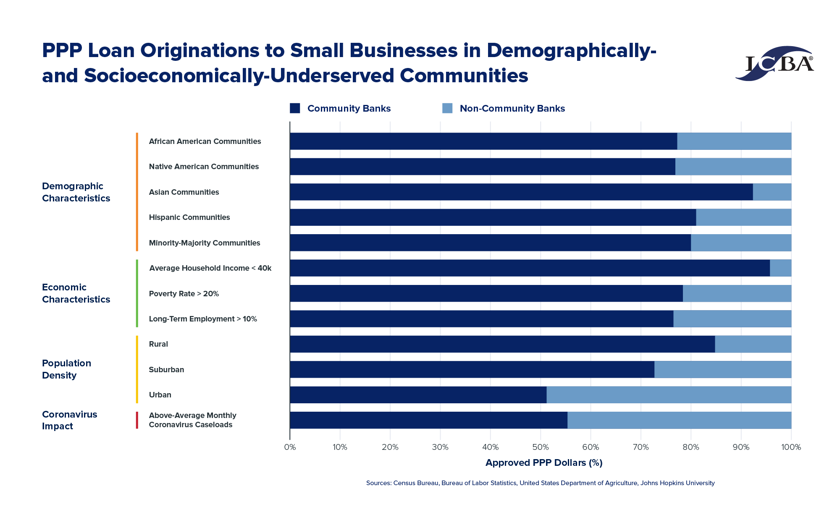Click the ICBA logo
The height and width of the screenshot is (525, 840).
point(775,64)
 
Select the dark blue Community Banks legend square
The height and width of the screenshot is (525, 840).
point(295,108)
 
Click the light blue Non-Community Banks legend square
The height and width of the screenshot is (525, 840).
point(447,108)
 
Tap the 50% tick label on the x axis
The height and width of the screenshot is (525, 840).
point(541,447)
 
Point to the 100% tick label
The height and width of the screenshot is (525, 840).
point(791,447)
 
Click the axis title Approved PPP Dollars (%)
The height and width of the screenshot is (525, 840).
point(543,463)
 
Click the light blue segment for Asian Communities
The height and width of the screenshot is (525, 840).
point(772,192)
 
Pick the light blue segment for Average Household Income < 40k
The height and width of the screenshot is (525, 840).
point(780,268)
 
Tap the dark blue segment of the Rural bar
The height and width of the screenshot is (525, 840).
point(502,344)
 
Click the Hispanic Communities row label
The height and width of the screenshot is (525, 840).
point(189,217)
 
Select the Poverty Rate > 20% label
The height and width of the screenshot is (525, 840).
point(184,294)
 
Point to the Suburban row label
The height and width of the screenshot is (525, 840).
point(166,370)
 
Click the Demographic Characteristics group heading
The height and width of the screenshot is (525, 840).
point(76,192)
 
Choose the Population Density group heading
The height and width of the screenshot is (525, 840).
point(66,369)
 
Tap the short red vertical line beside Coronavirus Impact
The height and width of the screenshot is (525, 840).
point(137,420)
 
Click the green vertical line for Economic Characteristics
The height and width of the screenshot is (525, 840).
point(137,293)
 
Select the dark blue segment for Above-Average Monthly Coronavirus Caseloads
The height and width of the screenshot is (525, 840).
point(428,420)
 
